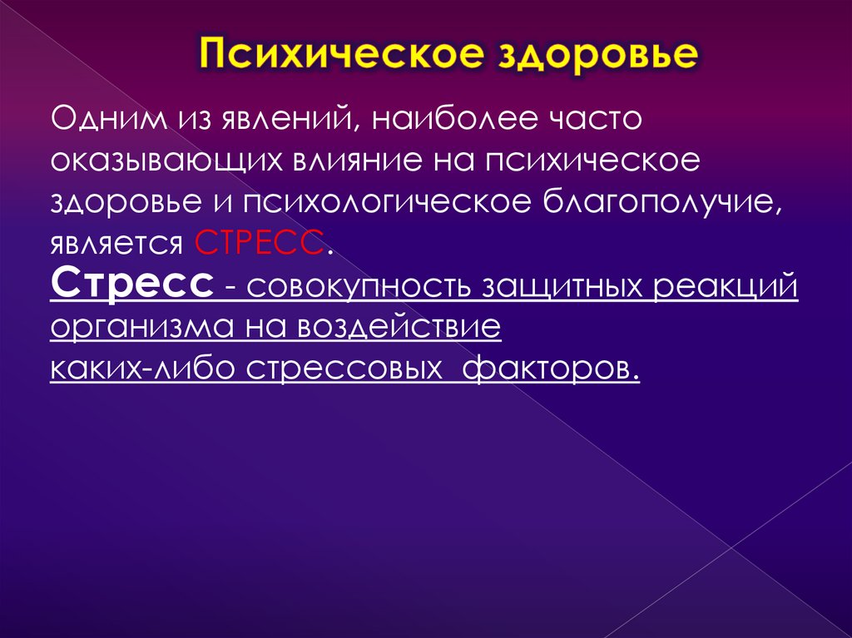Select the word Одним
pos(105,119)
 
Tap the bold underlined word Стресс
pos(130,285)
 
